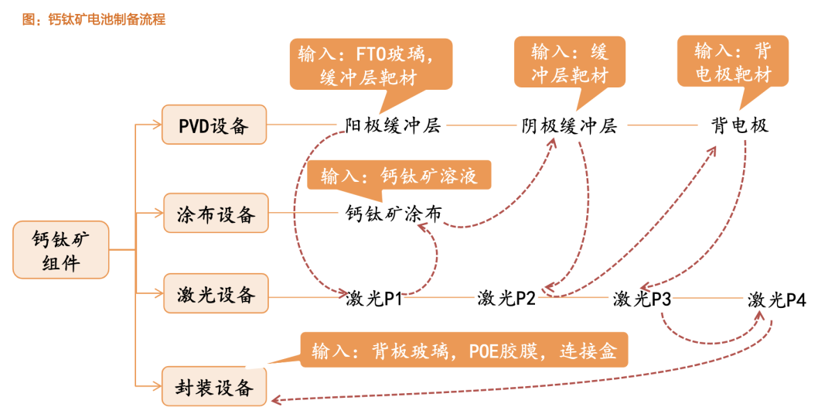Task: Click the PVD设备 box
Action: (x=214, y=125)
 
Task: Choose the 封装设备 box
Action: (x=214, y=386)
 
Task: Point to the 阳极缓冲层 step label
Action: (x=393, y=126)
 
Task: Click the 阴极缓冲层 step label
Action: (x=569, y=126)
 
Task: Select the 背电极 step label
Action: (x=740, y=126)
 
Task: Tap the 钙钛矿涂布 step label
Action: (x=393, y=214)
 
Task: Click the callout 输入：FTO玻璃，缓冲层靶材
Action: (x=371, y=64)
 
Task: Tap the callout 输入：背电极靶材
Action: (x=733, y=60)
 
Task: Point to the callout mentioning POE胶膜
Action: (x=464, y=350)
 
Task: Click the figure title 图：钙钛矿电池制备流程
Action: (x=94, y=19)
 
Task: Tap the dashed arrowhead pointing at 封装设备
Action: (x=276, y=399)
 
